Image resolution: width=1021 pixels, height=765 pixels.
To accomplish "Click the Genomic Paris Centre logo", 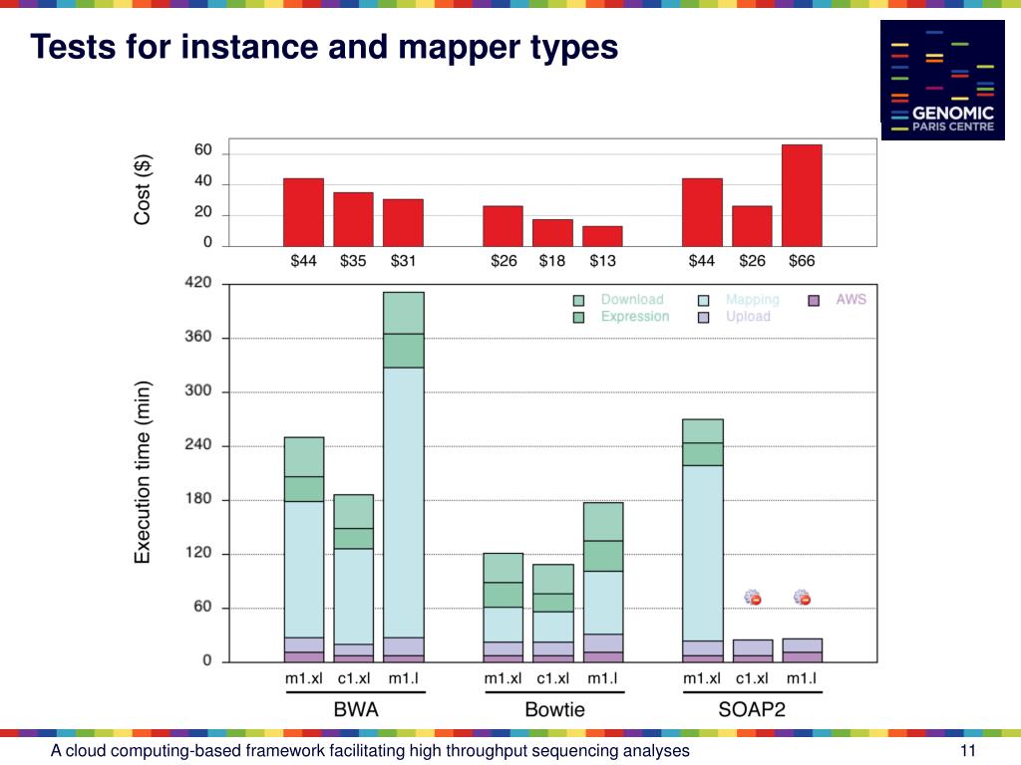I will [942, 80].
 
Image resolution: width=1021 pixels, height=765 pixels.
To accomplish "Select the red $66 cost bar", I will [802, 195].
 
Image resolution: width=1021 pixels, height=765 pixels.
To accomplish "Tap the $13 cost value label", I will [602, 261].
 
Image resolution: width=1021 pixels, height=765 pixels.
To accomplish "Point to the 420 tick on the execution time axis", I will [198, 283].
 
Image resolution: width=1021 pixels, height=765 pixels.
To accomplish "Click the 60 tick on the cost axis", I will [202, 150].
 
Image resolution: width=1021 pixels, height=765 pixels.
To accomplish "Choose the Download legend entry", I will [631, 299].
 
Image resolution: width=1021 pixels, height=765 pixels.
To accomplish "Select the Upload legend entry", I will [747, 317].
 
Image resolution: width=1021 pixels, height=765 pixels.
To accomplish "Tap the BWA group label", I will [355, 710].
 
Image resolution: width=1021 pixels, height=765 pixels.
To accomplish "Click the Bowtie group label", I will [554, 710].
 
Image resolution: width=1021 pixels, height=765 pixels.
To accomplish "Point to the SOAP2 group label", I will [752, 710].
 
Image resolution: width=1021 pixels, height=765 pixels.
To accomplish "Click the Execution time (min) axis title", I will [144, 472].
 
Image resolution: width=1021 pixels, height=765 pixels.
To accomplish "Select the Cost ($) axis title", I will [144, 189].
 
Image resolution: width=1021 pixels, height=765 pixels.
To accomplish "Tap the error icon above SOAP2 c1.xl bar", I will [753, 598].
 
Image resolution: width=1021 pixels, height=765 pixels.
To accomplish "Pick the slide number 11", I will [966, 751].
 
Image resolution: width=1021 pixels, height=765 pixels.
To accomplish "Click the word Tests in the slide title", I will [70, 47].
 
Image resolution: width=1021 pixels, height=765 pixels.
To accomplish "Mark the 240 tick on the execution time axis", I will [198, 445].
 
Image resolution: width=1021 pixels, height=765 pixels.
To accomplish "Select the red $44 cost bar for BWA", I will [303, 211].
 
